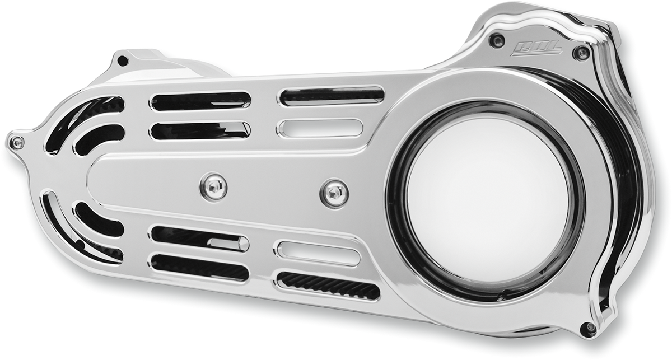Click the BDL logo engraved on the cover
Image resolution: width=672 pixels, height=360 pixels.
pos(536,49)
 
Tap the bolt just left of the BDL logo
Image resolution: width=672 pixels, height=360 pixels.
pos(496,40)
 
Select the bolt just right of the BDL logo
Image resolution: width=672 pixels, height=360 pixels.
pos(582,53)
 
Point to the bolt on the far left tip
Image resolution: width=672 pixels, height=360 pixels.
pos(16,143)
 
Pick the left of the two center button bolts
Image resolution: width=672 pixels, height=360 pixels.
pos(214,186)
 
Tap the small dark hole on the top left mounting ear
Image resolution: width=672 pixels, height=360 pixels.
pos(123,60)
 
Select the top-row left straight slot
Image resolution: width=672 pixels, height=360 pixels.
pos(200,101)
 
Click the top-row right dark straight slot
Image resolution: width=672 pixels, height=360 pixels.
pos(332,96)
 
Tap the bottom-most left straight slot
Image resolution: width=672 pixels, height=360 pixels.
pos(199,268)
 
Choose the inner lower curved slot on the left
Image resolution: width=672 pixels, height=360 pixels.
pos(99,219)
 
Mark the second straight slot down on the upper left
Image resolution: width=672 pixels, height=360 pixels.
pos(199,130)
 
